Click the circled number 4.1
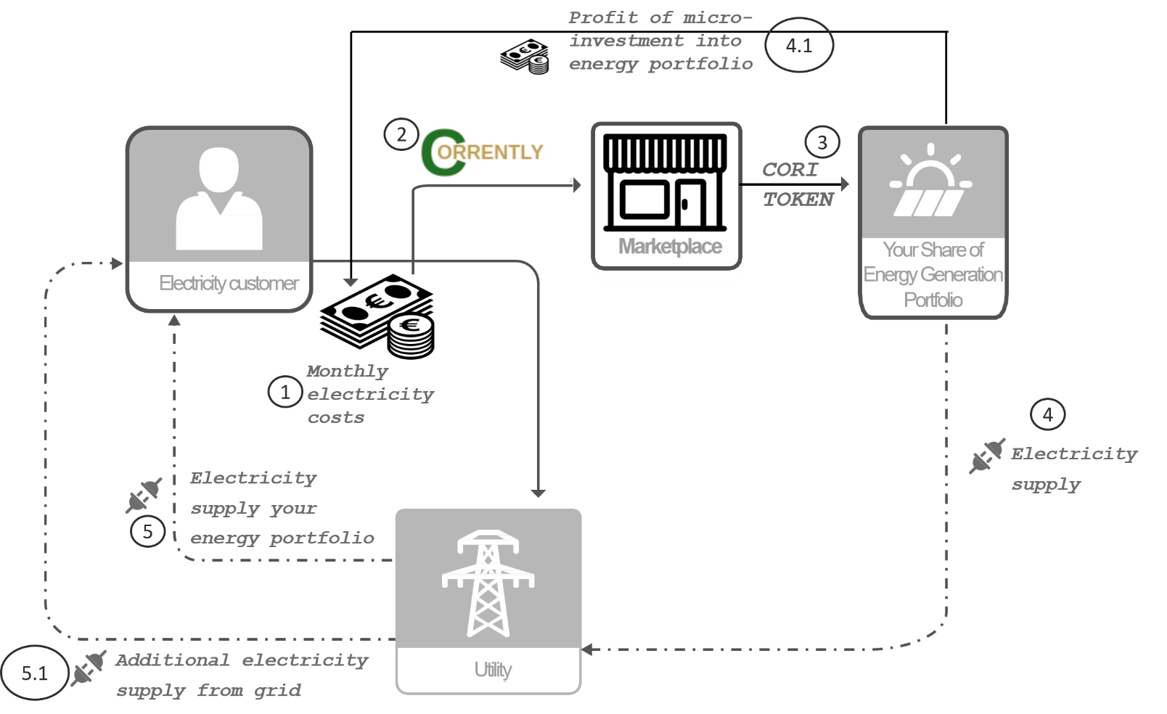[x=798, y=45]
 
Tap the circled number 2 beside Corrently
[x=401, y=134]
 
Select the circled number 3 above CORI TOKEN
[x=822, y=142]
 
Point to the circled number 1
[x=285, y=392]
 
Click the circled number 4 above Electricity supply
[x=1048, y=414]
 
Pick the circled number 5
[x=148, y=531]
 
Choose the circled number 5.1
[x=35, y=673]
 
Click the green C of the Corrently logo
[x=443, y=152]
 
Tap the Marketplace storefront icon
[x=666, y=182]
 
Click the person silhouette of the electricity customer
[x=219, y=198]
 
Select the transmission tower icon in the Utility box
[x=488, y=583]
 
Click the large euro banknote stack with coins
[x=377, y=316]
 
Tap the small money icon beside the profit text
[x=524, y=57]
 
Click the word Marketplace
[x=670, y=246]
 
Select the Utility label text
[x=493, y=670]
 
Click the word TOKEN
[x=798, y=200]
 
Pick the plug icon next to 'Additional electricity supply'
[x=89, y=668]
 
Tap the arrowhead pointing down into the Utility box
[x=539, y=493]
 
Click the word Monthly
[x=348, y=372]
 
